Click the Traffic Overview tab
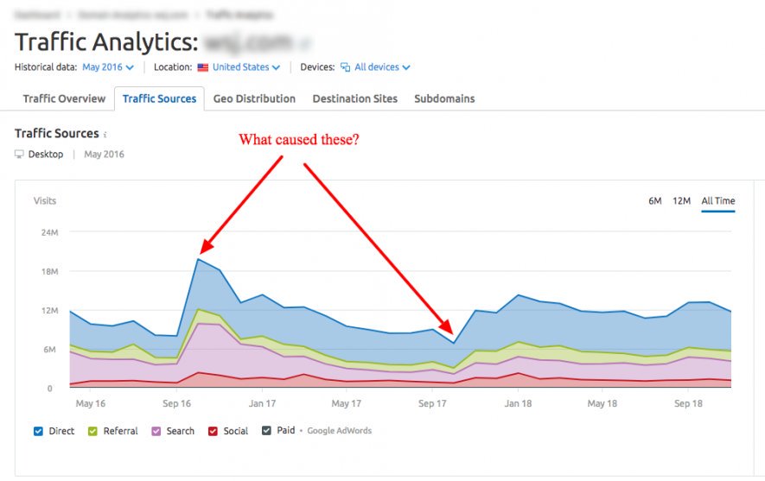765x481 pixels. [x=64, y=98]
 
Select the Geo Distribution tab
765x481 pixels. [x=254, y=98]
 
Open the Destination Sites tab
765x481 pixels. [x=354, y=98]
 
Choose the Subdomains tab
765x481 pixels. [x=444, y=98]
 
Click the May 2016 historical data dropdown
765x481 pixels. [x=108, y=66]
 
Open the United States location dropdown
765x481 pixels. [x=246, y=66]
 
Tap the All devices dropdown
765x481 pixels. [x=382, y=66]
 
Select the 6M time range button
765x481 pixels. [x=655, y=201]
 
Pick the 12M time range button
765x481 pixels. [x=681, y=201]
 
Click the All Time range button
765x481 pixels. [x=718, y=201]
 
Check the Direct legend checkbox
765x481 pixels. [x=38, y=431]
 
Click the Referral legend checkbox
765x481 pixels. [x=92, y=431]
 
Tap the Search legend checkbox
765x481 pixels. [x=156, y=431]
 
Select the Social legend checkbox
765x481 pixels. [x=213, y=431]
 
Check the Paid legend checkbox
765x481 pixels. [x=267, y=431]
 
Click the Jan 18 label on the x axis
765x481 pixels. [x=519, y=403]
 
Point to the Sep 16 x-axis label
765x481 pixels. [x=176, y=403]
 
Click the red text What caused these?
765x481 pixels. [x=298, y=139]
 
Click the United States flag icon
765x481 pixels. [x=203, y=66]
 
